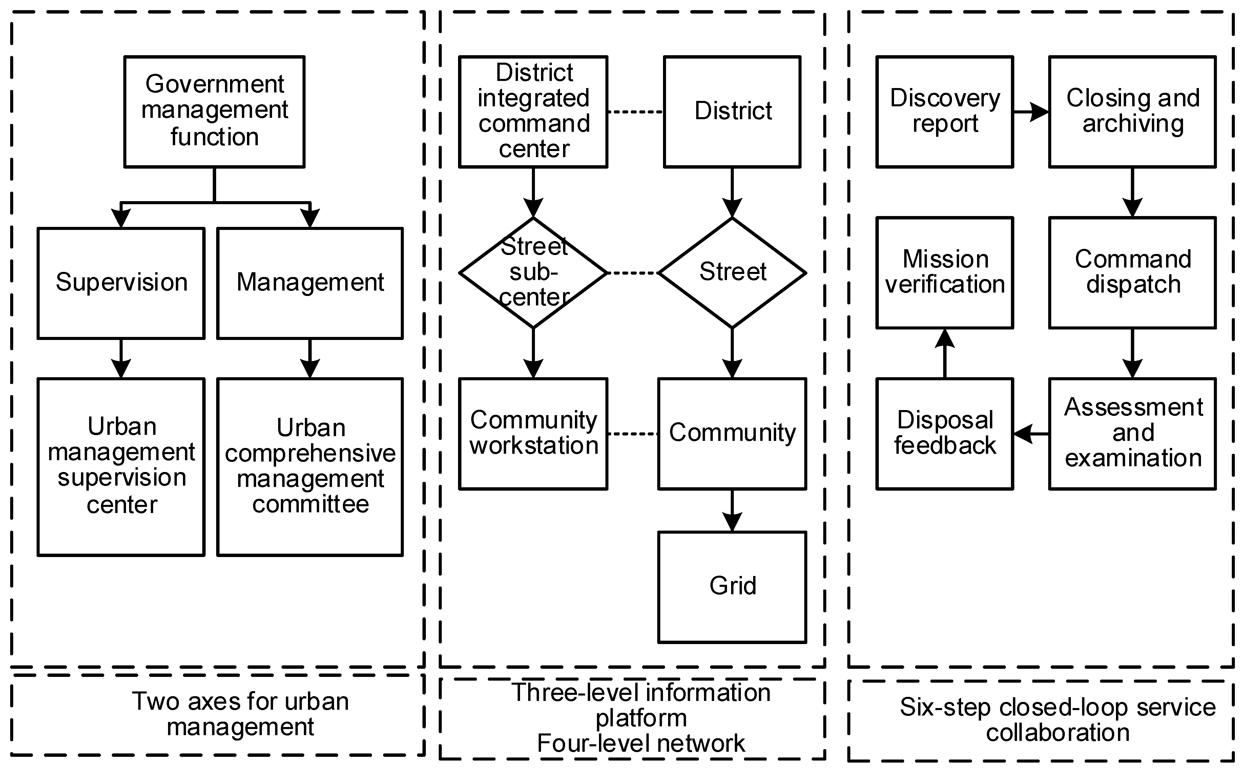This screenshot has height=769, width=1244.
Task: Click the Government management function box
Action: (x=214, y=111)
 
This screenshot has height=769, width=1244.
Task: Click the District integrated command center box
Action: (x=533, y=111)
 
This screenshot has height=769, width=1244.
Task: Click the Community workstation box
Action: (x=533, y=433)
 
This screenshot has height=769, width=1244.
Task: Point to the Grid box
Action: (x=732, y=587)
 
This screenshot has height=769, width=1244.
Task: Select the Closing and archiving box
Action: (x=1133, y=111)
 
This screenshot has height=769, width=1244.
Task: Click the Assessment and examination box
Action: (x=1133, y=433)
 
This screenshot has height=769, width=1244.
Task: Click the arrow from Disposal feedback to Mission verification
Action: (x=945, y=354)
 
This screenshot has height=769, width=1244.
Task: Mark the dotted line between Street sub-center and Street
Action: (x=633, y=273)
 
